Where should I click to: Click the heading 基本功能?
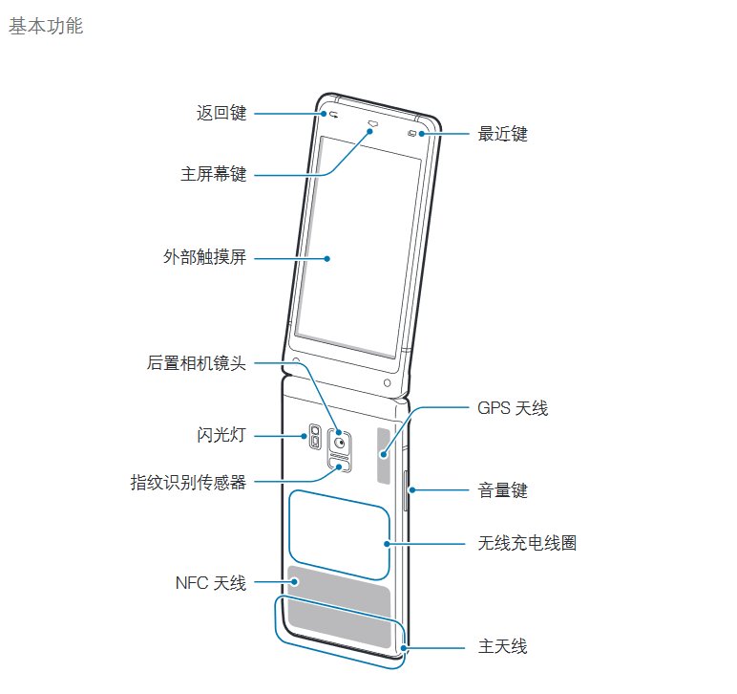[46, 26]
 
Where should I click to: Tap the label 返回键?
[221, 113]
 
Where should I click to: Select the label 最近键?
[502, 134]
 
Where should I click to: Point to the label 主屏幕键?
[214, 174]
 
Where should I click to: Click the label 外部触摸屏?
[205, 257]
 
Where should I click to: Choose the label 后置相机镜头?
[197, 362]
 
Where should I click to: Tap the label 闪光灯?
[221, 435]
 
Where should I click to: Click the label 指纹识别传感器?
[188, 483]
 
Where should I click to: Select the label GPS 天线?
[513, 408]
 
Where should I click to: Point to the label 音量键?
[502, 490]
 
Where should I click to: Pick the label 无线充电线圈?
[527, 543]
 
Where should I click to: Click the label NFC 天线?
[211, 583]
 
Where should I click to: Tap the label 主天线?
[502, 646]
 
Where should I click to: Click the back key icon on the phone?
[334, 115]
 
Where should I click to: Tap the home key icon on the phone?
[373, 123]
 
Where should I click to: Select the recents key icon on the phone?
[411, 134]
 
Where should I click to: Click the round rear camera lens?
[340, 443]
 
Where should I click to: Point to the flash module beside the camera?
[315, 436]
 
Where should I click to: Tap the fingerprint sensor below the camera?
[339, 466]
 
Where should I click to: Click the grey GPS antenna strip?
[384, 455]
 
